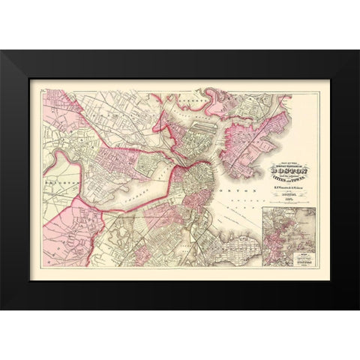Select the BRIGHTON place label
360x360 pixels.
[56, 182]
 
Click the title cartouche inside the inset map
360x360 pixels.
[272, 259]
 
